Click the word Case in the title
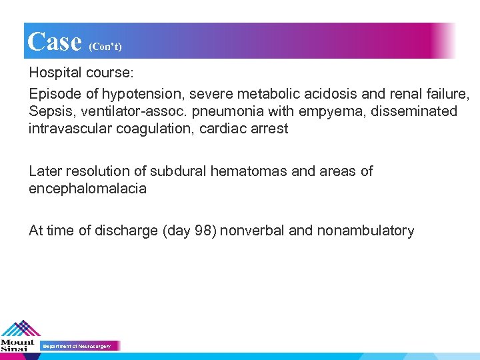pyautogui.click(x=55, y=41)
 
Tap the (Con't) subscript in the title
pyautogui.click(x=105, y=47)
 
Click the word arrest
pyautogui.click(x=268, y=129)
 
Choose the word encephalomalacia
pyautogui.click(x=87, y=189)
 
